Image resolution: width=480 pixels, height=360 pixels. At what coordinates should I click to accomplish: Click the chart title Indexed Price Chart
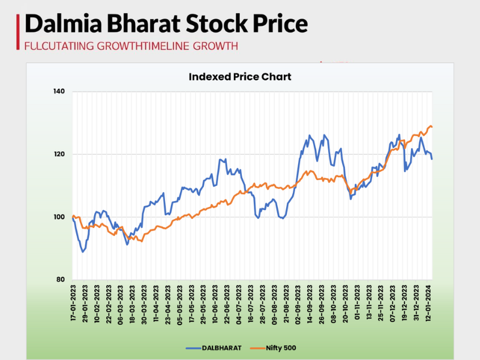240,77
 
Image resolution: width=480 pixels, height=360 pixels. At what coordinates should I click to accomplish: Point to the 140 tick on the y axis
59,92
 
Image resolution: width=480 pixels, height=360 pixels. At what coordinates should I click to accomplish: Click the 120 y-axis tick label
59,154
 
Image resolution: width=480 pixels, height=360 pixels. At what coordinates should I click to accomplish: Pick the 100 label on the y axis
59,217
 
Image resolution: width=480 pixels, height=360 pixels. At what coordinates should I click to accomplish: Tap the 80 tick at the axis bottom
61,280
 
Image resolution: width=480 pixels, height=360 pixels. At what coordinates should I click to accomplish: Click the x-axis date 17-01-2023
74,304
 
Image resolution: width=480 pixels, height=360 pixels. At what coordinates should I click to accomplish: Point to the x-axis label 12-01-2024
428,304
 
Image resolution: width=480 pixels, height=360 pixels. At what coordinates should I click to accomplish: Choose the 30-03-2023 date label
145,304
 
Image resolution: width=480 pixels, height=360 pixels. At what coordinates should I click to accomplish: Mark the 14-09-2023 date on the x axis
310,304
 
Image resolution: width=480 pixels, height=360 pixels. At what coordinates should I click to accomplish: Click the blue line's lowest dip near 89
83,251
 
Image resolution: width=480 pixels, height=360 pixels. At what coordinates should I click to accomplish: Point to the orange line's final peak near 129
431,126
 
